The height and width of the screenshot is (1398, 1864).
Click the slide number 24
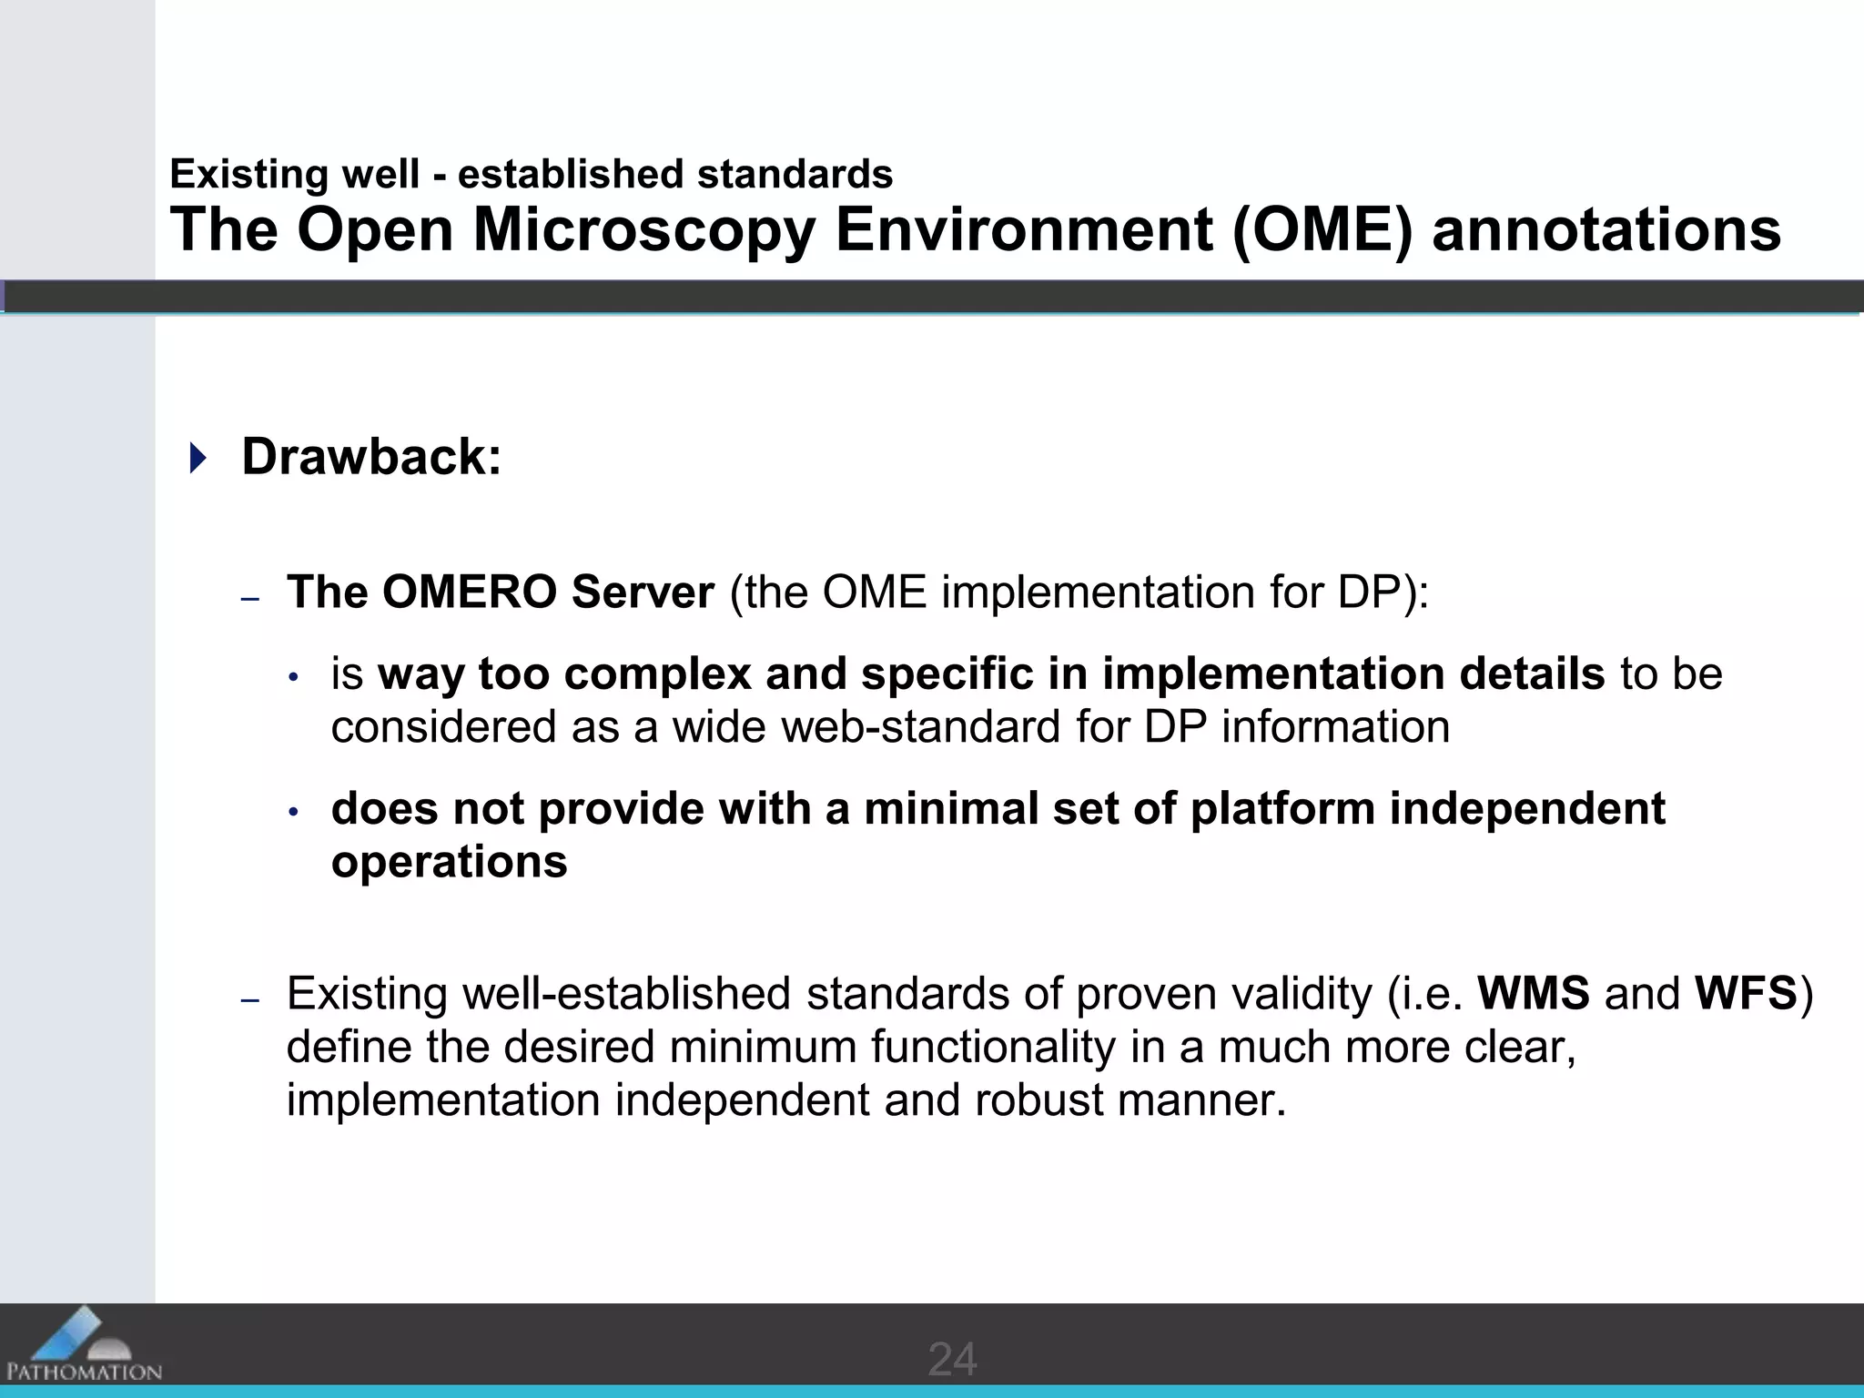pos(952,1360)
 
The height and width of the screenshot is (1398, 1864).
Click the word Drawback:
pos(371,456)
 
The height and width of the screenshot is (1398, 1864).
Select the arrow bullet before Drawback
pos(198,457)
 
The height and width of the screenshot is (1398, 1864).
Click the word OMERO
pos(469,592)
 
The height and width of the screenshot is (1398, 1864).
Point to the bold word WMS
pos(1534,993)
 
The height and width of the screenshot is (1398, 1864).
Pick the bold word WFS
pos(1746,993)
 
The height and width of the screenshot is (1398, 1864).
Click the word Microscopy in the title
pos(644,229)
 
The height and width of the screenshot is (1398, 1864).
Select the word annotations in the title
pos(1606,229)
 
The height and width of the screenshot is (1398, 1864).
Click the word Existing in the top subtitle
pos(243,174)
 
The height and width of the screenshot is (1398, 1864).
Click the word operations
pos(449,862)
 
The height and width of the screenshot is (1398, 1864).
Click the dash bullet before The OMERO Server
pos(250,598)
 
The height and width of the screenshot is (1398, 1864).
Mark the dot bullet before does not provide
pos(293,811)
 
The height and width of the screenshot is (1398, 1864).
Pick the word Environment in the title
pos(1023,229)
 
